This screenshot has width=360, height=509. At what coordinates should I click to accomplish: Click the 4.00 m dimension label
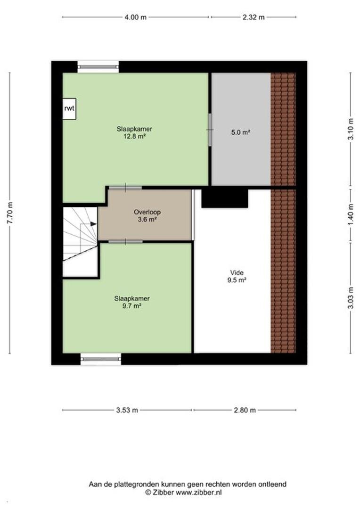pos(135,17)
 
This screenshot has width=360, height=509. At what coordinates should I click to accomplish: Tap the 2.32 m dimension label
pos(254,17)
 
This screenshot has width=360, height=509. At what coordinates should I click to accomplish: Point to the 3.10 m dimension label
pos(351,129)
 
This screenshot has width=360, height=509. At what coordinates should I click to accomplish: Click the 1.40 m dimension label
pos(351,214)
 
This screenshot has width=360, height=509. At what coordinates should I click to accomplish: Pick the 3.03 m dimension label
pos(351,298)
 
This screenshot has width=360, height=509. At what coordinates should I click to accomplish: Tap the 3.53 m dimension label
pos(127,410)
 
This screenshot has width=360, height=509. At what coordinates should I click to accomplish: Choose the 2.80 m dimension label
pos(245,410)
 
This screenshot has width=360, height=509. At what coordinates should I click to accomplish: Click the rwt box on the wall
pos(69,109)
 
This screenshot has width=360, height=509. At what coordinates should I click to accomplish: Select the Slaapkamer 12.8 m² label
pos(134,132)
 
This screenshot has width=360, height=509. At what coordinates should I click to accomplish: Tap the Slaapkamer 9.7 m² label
pos(132,302)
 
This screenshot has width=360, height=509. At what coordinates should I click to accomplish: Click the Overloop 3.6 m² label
pos(147,215)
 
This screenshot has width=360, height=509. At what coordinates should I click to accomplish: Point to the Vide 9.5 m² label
pos(237,276)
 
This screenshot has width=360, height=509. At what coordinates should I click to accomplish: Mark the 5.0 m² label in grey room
pos(240,132)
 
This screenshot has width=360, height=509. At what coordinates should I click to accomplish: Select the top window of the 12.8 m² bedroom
pos(98,67)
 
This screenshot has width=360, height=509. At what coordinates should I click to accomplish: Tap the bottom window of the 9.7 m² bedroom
pos(101,359)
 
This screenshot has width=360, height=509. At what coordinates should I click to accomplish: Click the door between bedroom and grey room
pos(210,130)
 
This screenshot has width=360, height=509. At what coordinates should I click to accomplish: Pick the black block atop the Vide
pos(225,198)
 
